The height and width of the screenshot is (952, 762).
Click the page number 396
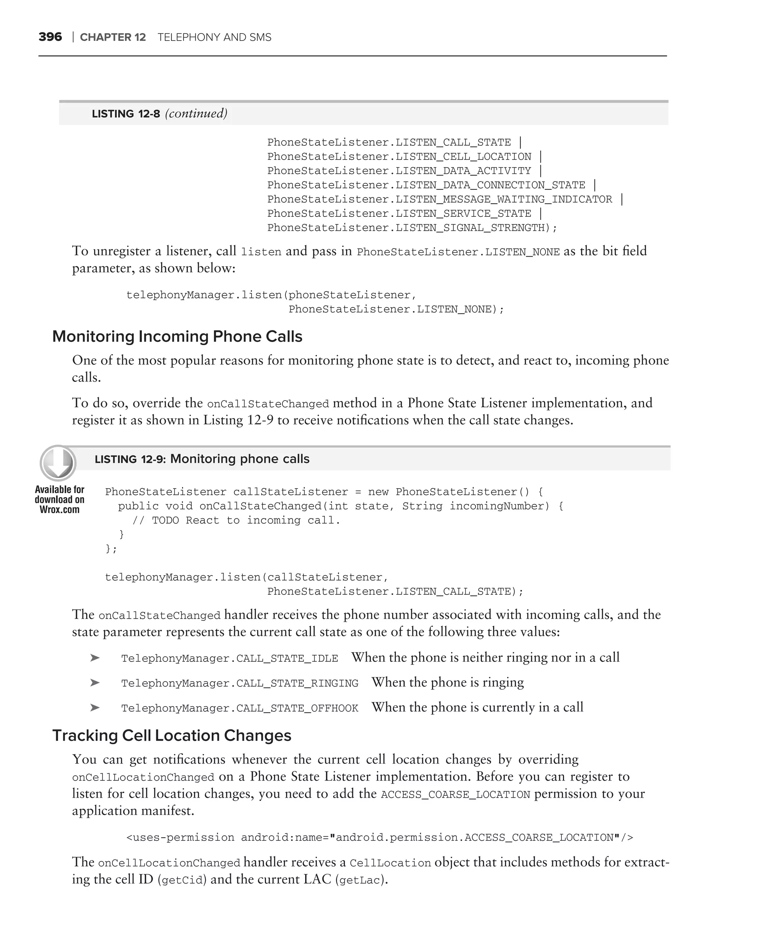click(x=50, y=37)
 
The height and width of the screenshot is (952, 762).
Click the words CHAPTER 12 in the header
click(x=113, y=37)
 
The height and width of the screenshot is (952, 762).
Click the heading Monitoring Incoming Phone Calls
click(x=177, y=337)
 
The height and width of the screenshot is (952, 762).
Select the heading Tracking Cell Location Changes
click(x=172, y=736)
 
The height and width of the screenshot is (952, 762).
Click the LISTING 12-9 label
click(x=130, y=459)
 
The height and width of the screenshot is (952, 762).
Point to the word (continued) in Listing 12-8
click(x=196, y=113)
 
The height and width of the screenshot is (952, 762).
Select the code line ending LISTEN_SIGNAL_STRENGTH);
click(x=412, y=228)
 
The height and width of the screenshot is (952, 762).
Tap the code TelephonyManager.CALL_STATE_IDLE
click(x=230, y=658)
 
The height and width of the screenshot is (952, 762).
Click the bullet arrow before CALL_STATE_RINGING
click(x=95, y=683)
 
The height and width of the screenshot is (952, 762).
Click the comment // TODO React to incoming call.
click(x=236, y=521)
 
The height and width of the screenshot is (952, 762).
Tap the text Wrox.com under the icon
click(x=60, y=509)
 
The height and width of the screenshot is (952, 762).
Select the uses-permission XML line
click(x=380, y=837)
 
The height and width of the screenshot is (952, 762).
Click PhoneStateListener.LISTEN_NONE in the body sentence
click(x=458, y=252)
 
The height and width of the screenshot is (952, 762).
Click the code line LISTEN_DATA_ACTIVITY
click(x=399, y=171)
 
